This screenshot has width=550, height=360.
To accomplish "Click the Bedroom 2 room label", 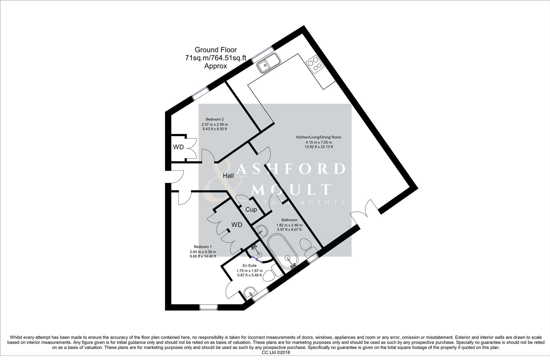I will click(x=214, y=119).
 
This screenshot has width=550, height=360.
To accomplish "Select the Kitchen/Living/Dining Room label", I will click(x=319, y=137).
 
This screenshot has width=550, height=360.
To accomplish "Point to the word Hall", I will click(x=228, y=176).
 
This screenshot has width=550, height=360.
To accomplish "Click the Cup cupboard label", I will click(x=251, y=210).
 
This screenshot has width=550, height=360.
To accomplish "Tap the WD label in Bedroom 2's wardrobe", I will click(x=178, y=147).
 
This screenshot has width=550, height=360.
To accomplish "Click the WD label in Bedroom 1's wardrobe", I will click(x=237, y=225).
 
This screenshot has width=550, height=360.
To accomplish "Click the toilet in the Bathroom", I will click(x=306, y=246).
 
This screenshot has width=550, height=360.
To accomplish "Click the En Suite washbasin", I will click(x=250, y=293).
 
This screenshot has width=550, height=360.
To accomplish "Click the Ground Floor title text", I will click(x=215, y=50).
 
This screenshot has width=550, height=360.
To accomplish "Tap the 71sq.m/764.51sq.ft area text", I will click(x=215, y=58).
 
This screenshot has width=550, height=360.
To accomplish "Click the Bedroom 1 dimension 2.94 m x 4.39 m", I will click(x=203, y=252).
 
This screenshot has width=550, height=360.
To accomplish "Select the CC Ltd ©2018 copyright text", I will click(x=276, y=352).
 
